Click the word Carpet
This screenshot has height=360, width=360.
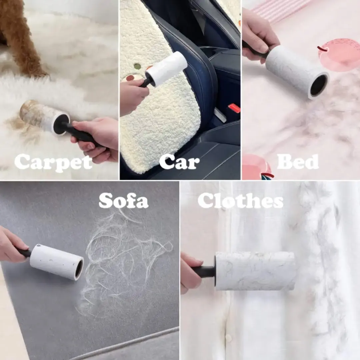pos(53,163)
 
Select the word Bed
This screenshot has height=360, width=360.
pos(298,161)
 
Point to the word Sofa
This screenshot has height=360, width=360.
pos(124,200)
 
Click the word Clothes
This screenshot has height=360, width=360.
pos(240,200)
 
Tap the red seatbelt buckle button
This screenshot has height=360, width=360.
pos(234,108)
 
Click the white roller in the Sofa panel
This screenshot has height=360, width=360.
pos(57,262)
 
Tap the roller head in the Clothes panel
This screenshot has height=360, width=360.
pos(255,271)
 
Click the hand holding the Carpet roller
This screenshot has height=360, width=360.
pos(96,137)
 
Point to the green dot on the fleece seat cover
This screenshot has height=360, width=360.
pos(137,66)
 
